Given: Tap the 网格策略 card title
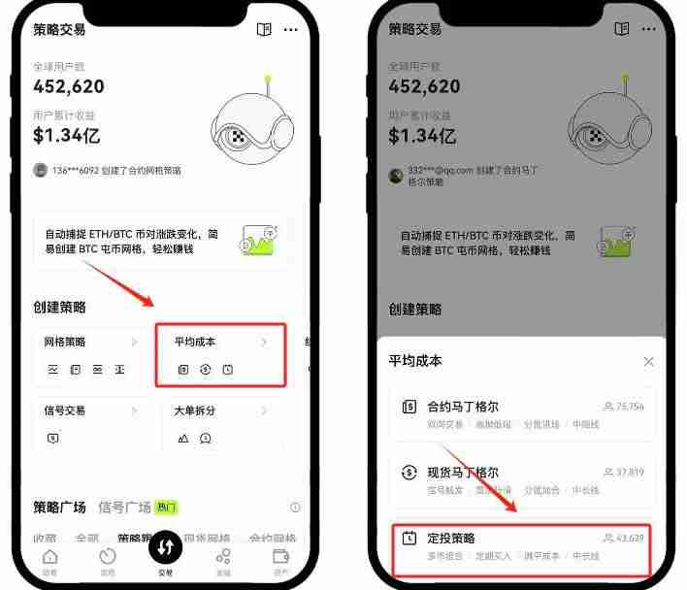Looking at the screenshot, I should pos(65,343).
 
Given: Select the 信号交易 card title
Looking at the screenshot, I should pos(65,410).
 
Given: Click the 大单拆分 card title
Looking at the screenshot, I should pos(195,410).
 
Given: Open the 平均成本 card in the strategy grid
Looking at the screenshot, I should pos(220,355).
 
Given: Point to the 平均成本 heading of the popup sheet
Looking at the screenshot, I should pos(415,361).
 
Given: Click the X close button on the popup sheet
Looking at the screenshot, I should pos(648,362).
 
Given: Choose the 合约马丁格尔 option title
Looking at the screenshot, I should pos(463,407).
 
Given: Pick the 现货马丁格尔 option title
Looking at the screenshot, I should pos(463,473).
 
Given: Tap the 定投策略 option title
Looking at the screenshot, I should pos(451,538).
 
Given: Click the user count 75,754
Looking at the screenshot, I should pos(630,408).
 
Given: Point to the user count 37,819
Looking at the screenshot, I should pos(630,474).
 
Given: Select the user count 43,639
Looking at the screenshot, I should pos(630,539).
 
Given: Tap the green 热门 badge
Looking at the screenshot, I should pos(167,508).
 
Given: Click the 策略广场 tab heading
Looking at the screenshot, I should pos(60,508).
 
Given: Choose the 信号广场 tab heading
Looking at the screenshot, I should pos(125,508).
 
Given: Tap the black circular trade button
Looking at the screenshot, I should pos(166,547).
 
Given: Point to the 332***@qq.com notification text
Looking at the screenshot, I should pos(474,176).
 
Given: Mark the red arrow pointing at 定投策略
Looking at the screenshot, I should pos(481,477).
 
